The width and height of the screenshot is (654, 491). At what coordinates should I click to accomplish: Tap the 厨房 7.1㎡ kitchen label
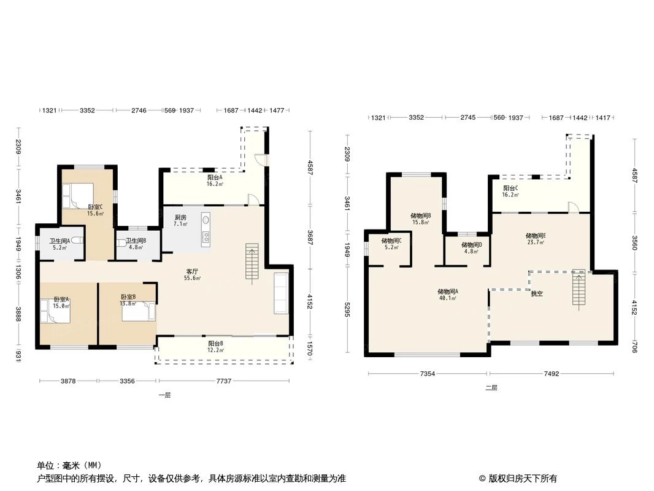tap(180, 221)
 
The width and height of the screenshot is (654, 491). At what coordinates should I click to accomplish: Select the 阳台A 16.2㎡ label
tap(215, 180)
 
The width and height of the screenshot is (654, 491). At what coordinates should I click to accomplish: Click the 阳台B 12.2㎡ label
tap(215, 347)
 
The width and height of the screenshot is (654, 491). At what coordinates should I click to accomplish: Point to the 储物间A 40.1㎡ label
tap(447, 295)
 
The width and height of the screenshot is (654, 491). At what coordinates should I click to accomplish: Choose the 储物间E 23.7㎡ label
tap(536, 239)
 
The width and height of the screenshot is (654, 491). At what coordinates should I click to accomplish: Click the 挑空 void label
tap(536, 294)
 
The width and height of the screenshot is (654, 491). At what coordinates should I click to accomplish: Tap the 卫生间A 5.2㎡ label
tap(60, 244)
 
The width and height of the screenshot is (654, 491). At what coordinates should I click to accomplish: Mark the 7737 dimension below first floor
tap(224, 381)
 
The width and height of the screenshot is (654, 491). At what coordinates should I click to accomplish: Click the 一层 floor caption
tap(164, 395)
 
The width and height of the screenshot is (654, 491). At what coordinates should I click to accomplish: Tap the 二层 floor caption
tap(491, 388)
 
